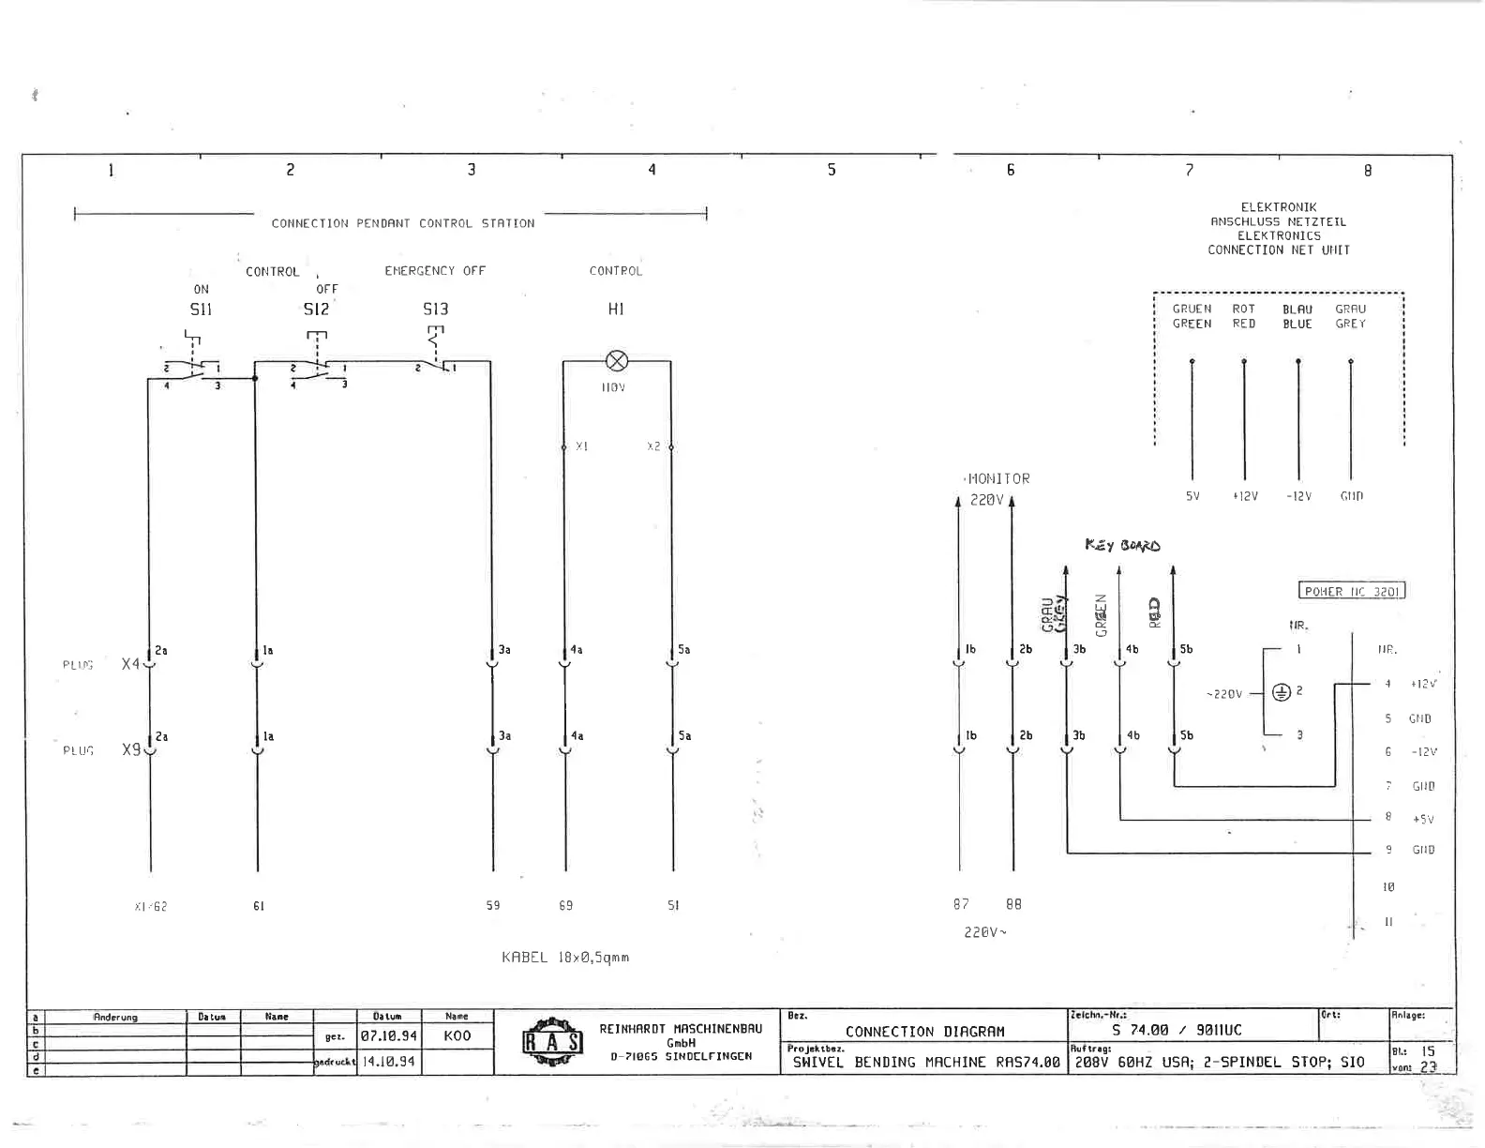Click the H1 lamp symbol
coord(617,361)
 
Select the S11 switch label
coord(201,309)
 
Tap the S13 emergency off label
coord(435,309)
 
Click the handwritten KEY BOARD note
coord(1122,545)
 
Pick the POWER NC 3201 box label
coord(1351,591)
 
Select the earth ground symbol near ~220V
coord(1281,692)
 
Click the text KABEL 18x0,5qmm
coord(565,958)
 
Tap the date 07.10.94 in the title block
coord(388,1036)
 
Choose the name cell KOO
coord(457,1036)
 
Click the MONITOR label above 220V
coord(998,478)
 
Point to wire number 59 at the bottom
coord(493,905)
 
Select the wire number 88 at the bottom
coord(1013,904)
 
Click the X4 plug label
coord(130,664)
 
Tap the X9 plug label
coord(131,750)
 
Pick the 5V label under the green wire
coord(1192,496)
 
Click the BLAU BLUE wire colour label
coord(1297,316)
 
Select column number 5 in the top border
coord(832,170)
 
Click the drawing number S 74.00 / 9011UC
coord(1177,1030)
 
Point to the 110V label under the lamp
coord(613,387)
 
